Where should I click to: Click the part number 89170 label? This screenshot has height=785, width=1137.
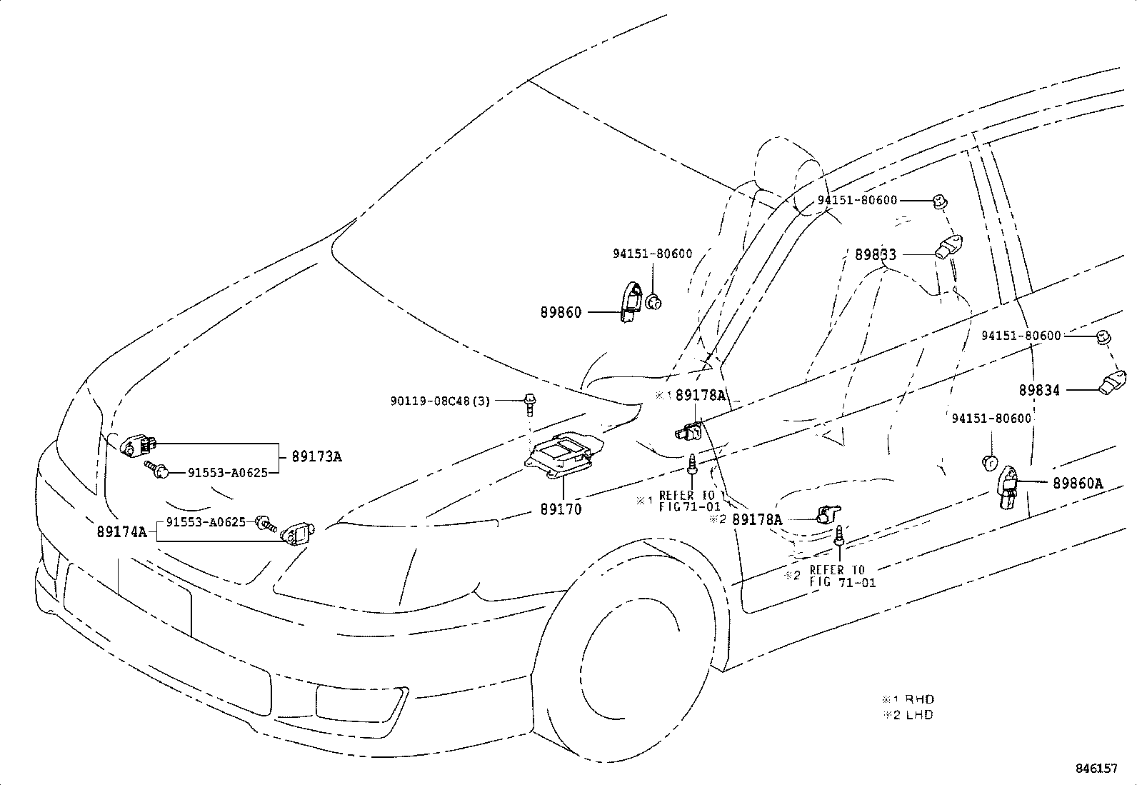pos(561,509)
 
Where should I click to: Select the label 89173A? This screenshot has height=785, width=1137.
pos(316,456)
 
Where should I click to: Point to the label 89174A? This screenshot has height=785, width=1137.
pos(122,531)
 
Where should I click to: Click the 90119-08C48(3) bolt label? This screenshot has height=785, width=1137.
pos(440,401)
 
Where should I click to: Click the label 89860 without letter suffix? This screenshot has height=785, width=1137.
pos(561,312)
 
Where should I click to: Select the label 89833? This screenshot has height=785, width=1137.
pos(876,254)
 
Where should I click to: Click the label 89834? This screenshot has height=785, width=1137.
pos(1039,390)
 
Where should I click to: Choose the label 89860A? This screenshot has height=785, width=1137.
pos(1077,483)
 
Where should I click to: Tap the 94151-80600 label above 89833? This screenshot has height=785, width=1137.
pos(857,200)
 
